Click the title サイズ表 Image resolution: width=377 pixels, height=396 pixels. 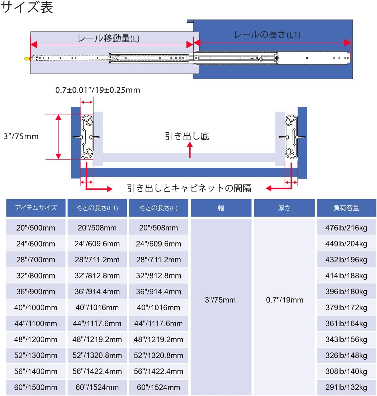[27, 7]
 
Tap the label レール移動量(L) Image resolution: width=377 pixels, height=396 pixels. [109, 38]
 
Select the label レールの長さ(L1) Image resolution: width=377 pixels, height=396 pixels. [267, 35]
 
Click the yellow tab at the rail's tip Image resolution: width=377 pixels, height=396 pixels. [27, 59]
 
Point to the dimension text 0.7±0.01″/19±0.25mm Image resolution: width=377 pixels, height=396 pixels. [98, 90]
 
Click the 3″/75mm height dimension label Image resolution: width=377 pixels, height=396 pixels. [21, 136]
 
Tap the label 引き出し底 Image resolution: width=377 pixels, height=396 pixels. [187, 136]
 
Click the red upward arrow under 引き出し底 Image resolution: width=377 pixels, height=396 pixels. [190, 150]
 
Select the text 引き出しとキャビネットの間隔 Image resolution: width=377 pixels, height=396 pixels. [189, 188]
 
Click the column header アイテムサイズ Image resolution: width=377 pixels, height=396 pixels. [36, 208]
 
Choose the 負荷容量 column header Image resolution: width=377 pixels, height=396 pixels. [346, 208]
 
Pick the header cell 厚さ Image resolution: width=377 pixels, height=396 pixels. [284, 208]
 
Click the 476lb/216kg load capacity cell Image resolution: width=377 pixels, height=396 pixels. [346, 228]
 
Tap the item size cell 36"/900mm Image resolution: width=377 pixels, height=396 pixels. [36, 292]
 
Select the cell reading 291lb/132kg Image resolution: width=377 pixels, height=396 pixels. [346, 387]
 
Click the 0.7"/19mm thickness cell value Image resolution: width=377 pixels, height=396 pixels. [285, 300]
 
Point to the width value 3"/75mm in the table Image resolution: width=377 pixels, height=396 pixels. [220, 300]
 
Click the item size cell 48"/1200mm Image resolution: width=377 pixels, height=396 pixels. [36, 339]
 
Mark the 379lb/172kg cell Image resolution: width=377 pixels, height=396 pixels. [346, 308]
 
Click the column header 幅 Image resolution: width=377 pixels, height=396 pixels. [221, 208]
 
